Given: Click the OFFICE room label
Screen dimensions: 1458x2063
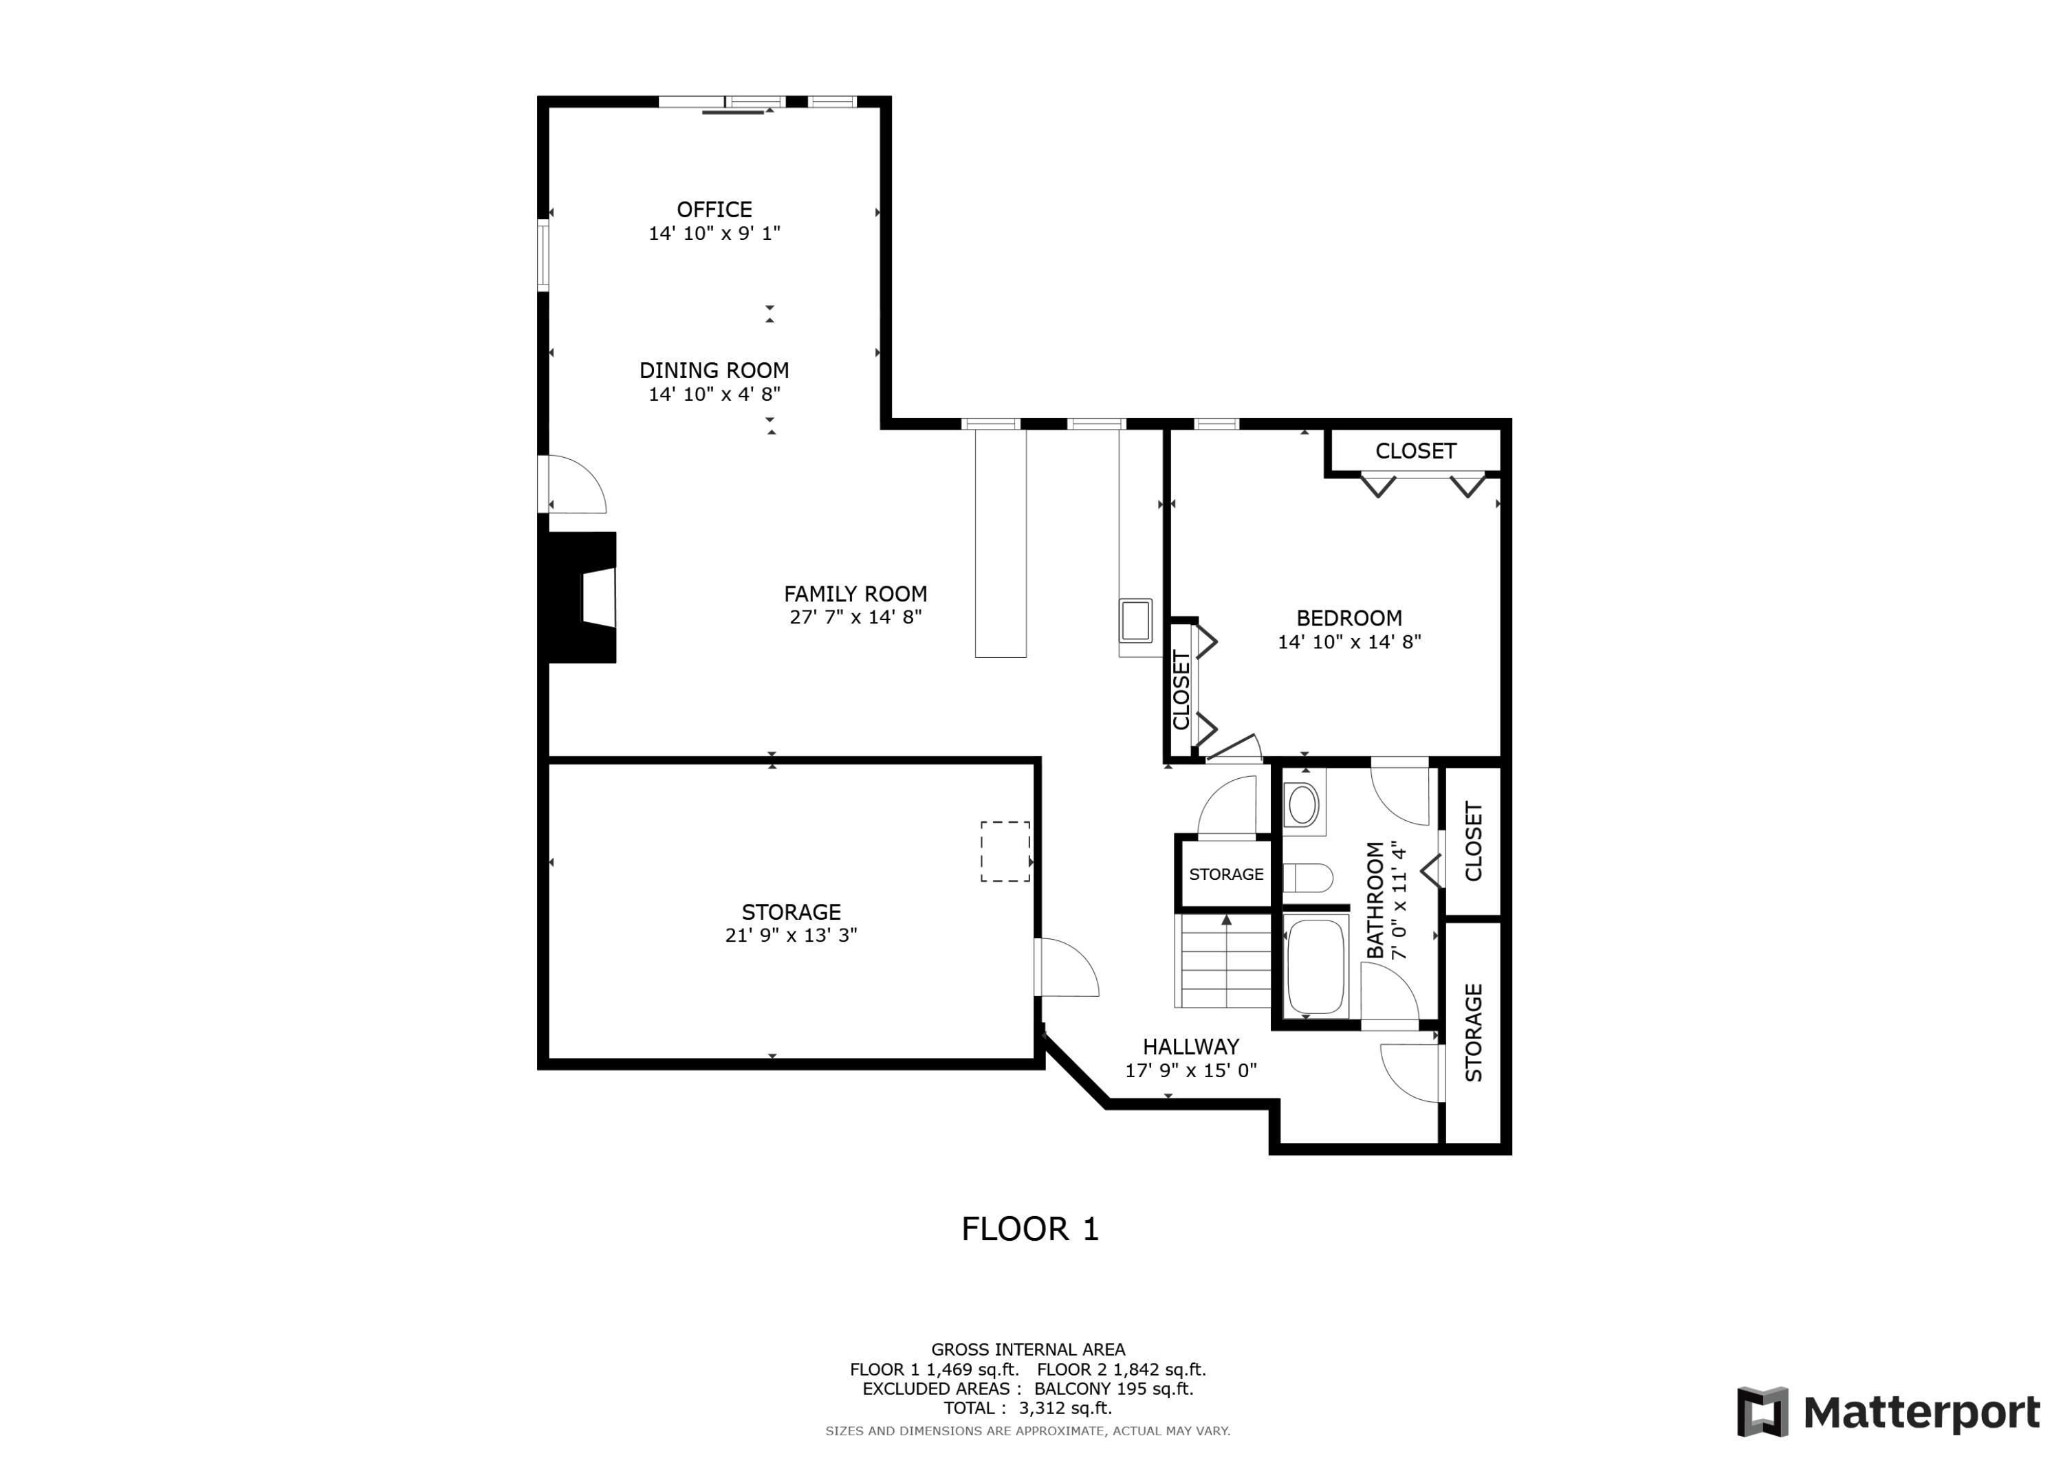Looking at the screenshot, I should (x=714, y=209).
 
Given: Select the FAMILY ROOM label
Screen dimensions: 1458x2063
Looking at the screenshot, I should (x=855, y=594).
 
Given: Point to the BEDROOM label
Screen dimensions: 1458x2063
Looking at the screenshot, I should (x=1348, y=618).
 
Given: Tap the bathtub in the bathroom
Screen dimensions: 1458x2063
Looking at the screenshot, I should (x=1316, y=967).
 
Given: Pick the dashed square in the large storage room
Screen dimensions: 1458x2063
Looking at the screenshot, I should (x=1005, y=851).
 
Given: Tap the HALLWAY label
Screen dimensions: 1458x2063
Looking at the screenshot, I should (x=1190, y=1046).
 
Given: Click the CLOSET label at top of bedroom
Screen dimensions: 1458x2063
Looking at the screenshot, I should (x=1415, y=451).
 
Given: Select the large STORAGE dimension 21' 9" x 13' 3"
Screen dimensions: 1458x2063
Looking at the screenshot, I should (x=791, y=935).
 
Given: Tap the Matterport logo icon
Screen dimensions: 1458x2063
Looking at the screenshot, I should (x=1762, y=1411).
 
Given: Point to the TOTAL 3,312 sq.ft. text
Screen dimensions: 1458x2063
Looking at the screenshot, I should (x=1027, y=1408).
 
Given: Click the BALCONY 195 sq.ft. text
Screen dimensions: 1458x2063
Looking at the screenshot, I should (x=1113, y=1389).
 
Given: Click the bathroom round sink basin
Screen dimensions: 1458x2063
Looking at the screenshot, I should (x=1302, y=805).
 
